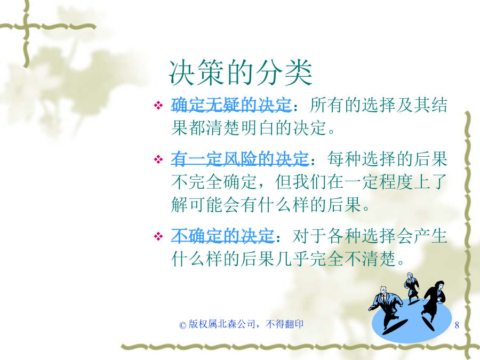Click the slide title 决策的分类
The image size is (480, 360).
(241, 73)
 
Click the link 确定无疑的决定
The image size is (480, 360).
(231, 105)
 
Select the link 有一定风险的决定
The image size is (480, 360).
(239, 158)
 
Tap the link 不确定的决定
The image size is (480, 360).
(222, 236)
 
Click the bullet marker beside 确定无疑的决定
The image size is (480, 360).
(158, 106)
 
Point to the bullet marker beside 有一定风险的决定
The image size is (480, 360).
(158, 159)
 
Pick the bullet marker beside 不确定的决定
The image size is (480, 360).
(158, 236)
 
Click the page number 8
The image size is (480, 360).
(457, 325)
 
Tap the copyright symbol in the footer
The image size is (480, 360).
(183, 325)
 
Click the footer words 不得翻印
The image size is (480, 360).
(285, 324)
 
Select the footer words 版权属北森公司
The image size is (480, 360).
(222, 324)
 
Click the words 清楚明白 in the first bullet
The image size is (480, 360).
(241, 127)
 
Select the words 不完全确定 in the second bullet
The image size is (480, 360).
(214, 181)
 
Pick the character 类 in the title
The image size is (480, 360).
(299, 73)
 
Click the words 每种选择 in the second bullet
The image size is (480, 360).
(362, 158)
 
